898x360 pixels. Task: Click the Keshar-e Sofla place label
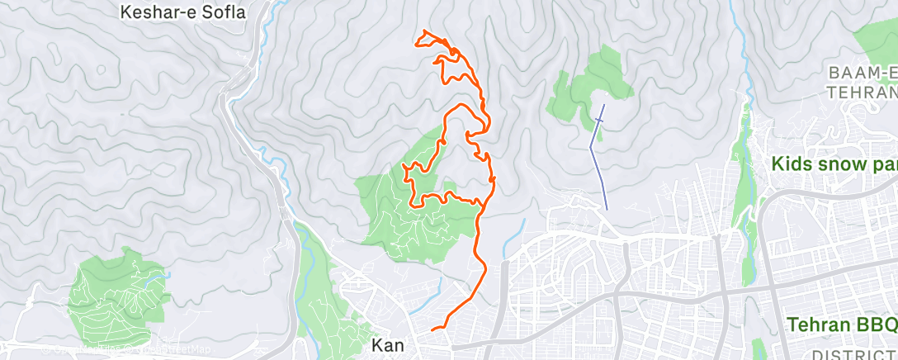click(x=183, y=12)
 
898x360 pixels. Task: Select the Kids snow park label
click(x=834, y=164)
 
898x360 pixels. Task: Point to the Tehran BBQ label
click(x=842, y=324)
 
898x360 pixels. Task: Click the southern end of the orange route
click(x=432, y=329)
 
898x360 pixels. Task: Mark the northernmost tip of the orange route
click(x=424, y=32)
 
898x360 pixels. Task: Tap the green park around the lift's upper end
click(x=590, y=87)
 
